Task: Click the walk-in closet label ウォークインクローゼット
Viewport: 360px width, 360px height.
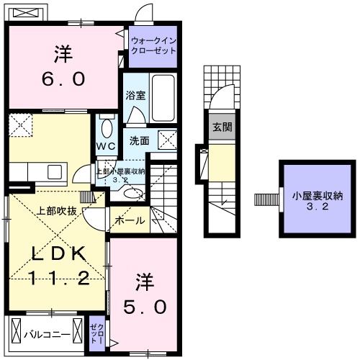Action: click(153, 47)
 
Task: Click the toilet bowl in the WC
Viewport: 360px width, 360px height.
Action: click(107, 129)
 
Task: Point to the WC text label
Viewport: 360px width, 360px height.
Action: click(107, 145)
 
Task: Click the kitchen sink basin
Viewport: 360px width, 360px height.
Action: click(54, 171)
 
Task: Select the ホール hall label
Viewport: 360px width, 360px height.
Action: click(130, 220)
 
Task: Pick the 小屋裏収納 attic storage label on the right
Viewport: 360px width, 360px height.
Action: click(312, 200)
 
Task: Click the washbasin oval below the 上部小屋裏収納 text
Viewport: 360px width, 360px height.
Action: click(132, 193)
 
